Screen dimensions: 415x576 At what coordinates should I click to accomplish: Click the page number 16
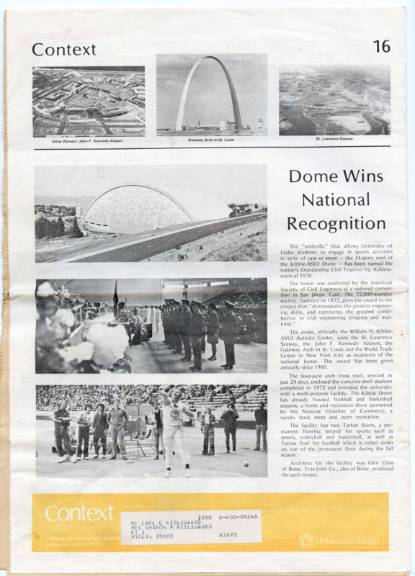[x=382, y=47]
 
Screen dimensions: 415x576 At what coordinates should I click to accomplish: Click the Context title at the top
[x=63, y=50]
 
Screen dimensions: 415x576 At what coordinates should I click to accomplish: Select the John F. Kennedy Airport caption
[x=87, y=140]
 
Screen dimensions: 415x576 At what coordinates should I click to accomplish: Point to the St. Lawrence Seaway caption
[x=334, y=138]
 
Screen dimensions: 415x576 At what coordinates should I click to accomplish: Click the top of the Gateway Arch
[x=213, y=60]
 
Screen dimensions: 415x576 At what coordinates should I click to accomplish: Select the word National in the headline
[x=335, y=199]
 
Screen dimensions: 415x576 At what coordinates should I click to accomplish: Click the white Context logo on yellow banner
[x=79, y=513]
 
